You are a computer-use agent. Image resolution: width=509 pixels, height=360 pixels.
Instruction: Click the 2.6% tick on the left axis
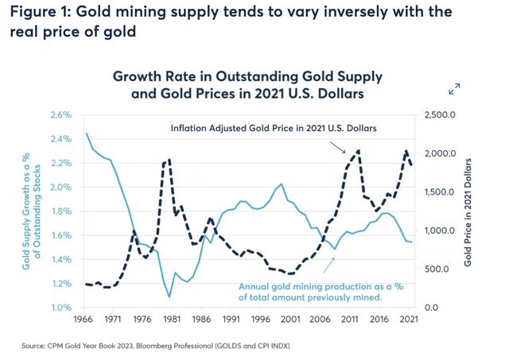[61, 115]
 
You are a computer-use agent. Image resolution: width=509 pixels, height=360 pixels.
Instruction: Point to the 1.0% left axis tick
[61, 308]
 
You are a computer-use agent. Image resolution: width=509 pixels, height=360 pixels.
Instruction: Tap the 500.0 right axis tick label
[441, 269]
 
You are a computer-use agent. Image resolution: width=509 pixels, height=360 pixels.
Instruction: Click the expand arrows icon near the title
[454, 89]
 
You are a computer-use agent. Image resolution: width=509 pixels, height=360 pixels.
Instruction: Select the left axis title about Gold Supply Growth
[32, 211]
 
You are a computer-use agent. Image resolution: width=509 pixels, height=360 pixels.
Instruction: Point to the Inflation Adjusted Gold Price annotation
[274, 128]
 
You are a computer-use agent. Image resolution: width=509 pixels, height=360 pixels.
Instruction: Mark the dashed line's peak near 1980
[168, 161]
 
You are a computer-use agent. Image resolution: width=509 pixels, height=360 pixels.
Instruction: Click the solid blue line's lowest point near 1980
[169, 297]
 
